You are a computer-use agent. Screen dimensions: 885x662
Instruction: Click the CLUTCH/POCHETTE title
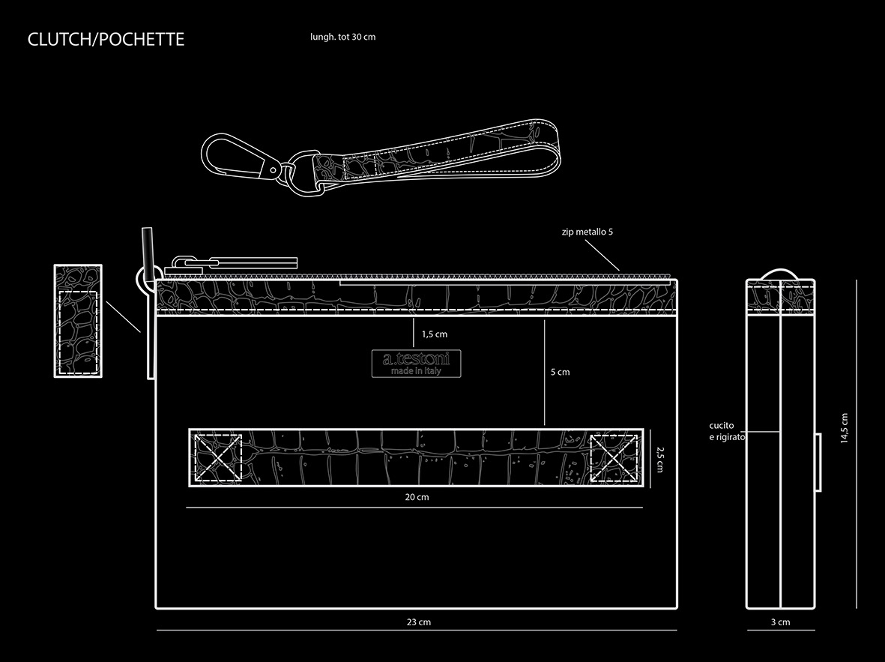pos(106,40)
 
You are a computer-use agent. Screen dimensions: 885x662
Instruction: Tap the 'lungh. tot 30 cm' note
pos(342,37)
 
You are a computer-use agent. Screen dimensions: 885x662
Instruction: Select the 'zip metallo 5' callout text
pos(587,232)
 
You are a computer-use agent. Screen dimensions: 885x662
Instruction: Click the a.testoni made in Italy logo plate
pos(417,364)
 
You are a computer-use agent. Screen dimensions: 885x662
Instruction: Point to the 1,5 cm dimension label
pos(434,334)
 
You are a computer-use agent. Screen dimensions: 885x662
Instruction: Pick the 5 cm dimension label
pos(560,372)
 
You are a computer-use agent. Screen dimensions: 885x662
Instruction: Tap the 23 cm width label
pos(418,622)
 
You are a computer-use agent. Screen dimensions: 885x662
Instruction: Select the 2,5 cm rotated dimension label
pos(659,459)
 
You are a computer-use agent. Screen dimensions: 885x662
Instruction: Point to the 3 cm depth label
pos(780,622)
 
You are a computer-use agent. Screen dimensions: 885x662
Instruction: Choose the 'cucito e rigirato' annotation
pos(726,431)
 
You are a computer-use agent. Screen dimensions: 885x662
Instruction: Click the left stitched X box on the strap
pos(218,457)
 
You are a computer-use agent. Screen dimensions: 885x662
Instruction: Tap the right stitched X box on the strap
pos(614,457)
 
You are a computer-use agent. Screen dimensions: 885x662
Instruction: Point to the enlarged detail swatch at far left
pos(78,321)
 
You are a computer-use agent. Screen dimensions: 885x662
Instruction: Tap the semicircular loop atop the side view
pos(780,273)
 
